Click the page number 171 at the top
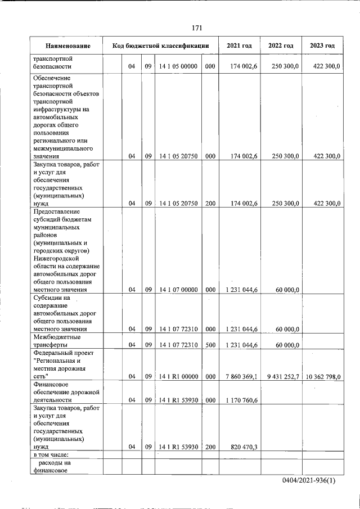point(196,28)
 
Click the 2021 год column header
point(239,46)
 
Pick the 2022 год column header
point(281,46)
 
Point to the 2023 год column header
point(322,46)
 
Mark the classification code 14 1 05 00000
point(178,66)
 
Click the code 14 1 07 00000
point(178,290)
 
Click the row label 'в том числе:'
point(51,454)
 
